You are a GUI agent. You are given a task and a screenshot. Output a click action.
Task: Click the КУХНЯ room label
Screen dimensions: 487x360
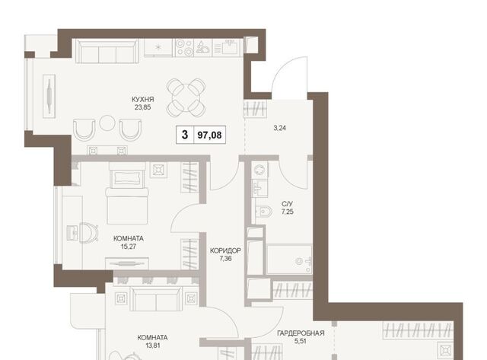142,100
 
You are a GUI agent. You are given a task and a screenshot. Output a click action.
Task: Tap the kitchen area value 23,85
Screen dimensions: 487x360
142,107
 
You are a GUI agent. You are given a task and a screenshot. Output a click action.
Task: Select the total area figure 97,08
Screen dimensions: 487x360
210,135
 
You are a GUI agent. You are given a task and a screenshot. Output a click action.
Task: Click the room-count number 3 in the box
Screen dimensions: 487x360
185,135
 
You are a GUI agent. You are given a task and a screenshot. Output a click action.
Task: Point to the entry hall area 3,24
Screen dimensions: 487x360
279,128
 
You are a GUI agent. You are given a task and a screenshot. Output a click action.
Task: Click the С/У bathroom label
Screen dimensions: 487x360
288,204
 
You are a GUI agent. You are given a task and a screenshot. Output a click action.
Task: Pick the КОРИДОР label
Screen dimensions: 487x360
225,250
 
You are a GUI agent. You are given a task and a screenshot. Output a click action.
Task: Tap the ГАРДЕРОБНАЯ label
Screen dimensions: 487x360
301,333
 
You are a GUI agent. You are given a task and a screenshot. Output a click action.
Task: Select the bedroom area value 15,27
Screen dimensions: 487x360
129,247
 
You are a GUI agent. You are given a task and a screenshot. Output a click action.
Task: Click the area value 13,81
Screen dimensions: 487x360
153,346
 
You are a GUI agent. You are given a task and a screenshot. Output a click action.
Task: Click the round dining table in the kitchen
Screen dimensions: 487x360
186,97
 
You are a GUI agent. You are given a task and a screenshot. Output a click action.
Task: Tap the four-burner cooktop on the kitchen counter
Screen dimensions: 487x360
183,47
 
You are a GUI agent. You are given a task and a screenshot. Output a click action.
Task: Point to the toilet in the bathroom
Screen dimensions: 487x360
264,212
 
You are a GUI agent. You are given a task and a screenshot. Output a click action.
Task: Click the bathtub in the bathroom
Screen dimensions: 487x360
289,260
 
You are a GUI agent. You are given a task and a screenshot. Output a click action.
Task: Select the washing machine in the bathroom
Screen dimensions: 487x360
259,170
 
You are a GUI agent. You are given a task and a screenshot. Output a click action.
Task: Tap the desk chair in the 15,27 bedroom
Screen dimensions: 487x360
89,232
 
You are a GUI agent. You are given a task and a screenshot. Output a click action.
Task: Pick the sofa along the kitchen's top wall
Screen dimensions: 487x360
107,51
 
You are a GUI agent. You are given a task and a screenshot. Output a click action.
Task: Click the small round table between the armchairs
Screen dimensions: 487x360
107,123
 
